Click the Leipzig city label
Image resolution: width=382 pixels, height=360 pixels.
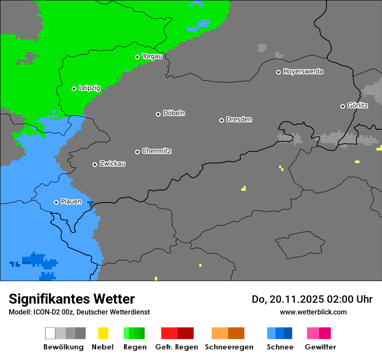[x=89, y=88]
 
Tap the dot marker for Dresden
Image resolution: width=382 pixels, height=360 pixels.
[x=221, y=120]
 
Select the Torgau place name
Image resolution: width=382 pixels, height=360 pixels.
[x=152, y=56]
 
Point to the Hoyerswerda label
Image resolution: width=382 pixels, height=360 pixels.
[x=303, y=72]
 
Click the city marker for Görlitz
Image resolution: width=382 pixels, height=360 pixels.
[x=342, y=106]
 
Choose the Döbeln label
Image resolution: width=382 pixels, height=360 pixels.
[x=174, y=113]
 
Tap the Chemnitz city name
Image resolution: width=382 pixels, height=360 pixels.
[x=156, y=151]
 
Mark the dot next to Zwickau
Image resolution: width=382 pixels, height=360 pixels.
[x=95, y=164]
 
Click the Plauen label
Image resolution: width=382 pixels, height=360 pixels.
[x=71, y=202]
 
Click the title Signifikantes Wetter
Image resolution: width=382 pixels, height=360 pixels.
[x=72, y=299]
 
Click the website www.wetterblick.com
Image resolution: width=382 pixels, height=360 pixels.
[x=313, y=312]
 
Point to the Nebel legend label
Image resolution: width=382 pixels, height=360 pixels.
[x=102, y=347]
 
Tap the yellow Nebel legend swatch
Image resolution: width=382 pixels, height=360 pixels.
[x=103, y=333]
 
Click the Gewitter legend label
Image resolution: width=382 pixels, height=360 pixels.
[x=320, y=347]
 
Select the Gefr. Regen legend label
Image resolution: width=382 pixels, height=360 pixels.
[x=177, y=347]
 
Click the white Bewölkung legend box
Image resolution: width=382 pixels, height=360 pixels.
[x=50, y=333]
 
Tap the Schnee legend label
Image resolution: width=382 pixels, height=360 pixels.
[x=280, y=347]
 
